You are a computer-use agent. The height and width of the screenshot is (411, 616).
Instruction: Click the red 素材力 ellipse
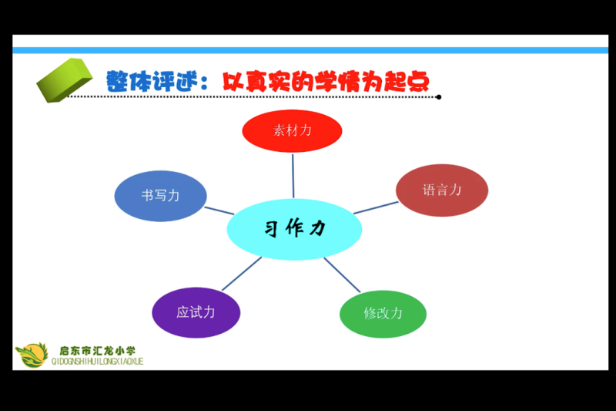[292, 131]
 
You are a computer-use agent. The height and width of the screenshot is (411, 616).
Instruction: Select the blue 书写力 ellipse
[160, 196]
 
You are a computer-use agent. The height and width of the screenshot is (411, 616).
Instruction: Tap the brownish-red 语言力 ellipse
[442, 190]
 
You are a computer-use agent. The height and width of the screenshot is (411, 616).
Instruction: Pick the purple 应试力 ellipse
[196, 312]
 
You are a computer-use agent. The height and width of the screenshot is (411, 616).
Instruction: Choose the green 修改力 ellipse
[383, 314]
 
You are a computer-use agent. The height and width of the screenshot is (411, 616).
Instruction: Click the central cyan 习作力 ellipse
[294, 229]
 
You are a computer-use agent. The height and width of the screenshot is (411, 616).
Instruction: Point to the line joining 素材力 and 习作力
[293, 176]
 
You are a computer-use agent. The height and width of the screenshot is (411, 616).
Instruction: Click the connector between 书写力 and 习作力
[219, 211]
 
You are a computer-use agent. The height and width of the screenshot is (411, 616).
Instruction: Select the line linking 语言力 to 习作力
[376, 207]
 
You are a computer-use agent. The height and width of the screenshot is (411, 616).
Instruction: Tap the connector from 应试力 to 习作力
[242, 274]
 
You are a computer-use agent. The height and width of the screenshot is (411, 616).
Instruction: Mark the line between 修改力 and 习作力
[342, 275]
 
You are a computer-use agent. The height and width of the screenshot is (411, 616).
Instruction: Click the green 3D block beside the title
[65, 80]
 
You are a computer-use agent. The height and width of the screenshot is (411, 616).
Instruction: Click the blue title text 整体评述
[152, 82]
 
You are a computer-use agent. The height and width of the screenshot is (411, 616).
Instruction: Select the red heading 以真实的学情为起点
[326, 82]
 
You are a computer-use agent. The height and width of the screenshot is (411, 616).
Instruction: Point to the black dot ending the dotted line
[438, 97]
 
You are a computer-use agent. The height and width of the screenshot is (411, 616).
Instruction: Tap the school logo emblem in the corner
[32, 355]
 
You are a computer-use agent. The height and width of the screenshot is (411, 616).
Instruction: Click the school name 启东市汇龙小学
[98, 351]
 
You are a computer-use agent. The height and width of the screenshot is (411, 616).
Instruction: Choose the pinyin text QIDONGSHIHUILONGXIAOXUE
[98, 362]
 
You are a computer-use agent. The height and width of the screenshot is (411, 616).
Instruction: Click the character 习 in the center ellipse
[272, 229]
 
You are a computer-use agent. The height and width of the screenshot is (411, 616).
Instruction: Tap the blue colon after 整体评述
[204, 83]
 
